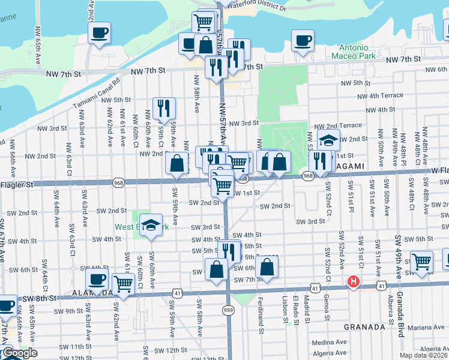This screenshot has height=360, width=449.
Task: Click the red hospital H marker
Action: [354, 280]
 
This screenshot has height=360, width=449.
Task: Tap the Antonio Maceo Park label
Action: [358, 52]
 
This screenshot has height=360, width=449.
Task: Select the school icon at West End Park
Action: [151, 224]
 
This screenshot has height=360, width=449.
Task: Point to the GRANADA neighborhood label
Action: [364, 327]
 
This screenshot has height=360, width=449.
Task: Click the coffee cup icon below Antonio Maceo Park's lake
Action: [303, 40]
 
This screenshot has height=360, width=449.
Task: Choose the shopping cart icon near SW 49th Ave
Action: [422, 261]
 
